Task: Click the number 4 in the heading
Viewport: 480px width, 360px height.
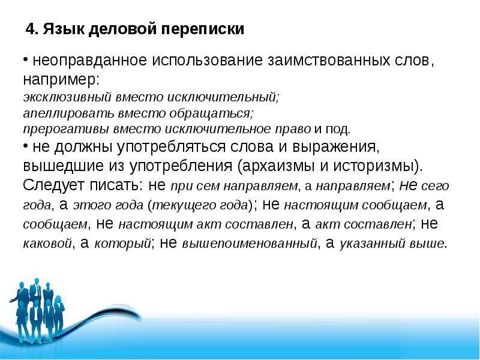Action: click(x=30, y=29)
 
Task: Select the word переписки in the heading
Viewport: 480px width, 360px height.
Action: click(x=203, y=29)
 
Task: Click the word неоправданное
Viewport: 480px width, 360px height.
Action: click(x=89, y=61)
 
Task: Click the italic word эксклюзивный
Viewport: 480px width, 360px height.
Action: click(x=67, y=97)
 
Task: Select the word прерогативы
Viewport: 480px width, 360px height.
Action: click(x=66, y=129)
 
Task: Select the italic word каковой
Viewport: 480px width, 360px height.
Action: click(x=47, y=244)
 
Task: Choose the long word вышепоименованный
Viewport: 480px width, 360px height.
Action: click(x=250, y=244)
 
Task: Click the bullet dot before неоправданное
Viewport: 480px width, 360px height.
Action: click(x=26, y=58)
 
